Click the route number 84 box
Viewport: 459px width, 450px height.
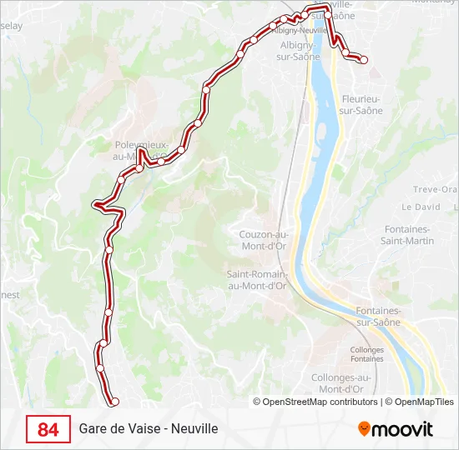click(x=48, y=429)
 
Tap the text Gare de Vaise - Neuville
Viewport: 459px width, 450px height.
click(x=149, y=429)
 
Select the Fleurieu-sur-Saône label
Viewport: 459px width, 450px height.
click(x=362, y=104)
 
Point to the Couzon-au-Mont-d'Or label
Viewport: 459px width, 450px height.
click(x=263, y=239)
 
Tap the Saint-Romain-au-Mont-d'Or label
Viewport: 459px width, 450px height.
click(x=257, y=279)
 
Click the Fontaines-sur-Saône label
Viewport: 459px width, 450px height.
click(x=378, y=316)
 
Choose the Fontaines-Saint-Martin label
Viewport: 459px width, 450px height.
click(x=409, y=235)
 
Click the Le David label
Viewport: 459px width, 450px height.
click(x=421, y=207)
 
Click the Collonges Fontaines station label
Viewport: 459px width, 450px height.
click(x=367, y=354)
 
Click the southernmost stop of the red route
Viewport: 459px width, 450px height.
click(x=115, y=402)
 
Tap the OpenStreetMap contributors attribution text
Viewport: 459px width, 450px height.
click(x=315, y=402)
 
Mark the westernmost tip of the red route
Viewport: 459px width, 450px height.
click(x=95, y=203)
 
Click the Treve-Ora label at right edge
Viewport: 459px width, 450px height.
click(x=440, y=190)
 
